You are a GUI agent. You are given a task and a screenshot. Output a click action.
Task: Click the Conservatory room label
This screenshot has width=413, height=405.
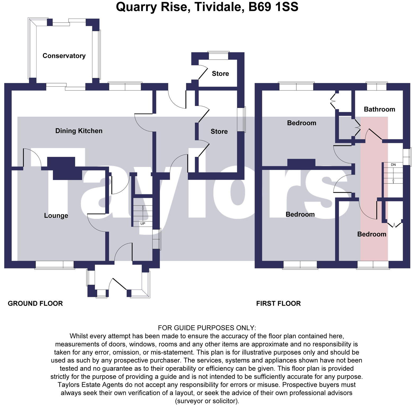(x=64, y=56)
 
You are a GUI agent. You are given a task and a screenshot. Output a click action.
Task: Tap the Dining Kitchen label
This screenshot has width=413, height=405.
(x=79, y=131)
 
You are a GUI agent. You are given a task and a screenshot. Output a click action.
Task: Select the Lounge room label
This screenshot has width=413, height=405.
(x=56, y=215)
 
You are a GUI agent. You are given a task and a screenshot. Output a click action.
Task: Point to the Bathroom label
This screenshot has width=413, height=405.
(x=379, y=109)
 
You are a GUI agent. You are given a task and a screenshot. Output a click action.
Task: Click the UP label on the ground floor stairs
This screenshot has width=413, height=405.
(x=143, y=223)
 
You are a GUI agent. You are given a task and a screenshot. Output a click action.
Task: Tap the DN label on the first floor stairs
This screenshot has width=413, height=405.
(x=393, y=165)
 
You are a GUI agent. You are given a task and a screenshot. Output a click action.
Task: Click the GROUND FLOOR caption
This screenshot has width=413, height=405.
(x=35, y=303)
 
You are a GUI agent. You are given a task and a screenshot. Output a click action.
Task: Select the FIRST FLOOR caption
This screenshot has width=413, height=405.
(x=278, y=303)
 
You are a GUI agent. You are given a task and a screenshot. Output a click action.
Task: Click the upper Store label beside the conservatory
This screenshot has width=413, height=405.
(x=220, y=74)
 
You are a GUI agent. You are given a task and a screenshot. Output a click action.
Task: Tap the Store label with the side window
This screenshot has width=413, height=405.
(x=219, y=131)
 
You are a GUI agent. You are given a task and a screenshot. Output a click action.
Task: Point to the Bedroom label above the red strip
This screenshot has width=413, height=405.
(x=371, y=234)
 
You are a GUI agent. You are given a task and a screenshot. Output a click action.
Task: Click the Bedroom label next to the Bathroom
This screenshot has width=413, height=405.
(x=301, y=123)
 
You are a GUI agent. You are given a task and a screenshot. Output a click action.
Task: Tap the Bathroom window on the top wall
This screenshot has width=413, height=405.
(x=376, y=87)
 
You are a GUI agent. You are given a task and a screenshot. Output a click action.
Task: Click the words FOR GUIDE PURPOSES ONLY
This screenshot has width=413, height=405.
(x=207, y=328)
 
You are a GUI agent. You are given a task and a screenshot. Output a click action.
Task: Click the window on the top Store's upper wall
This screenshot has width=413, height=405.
(x=218, y=56)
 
